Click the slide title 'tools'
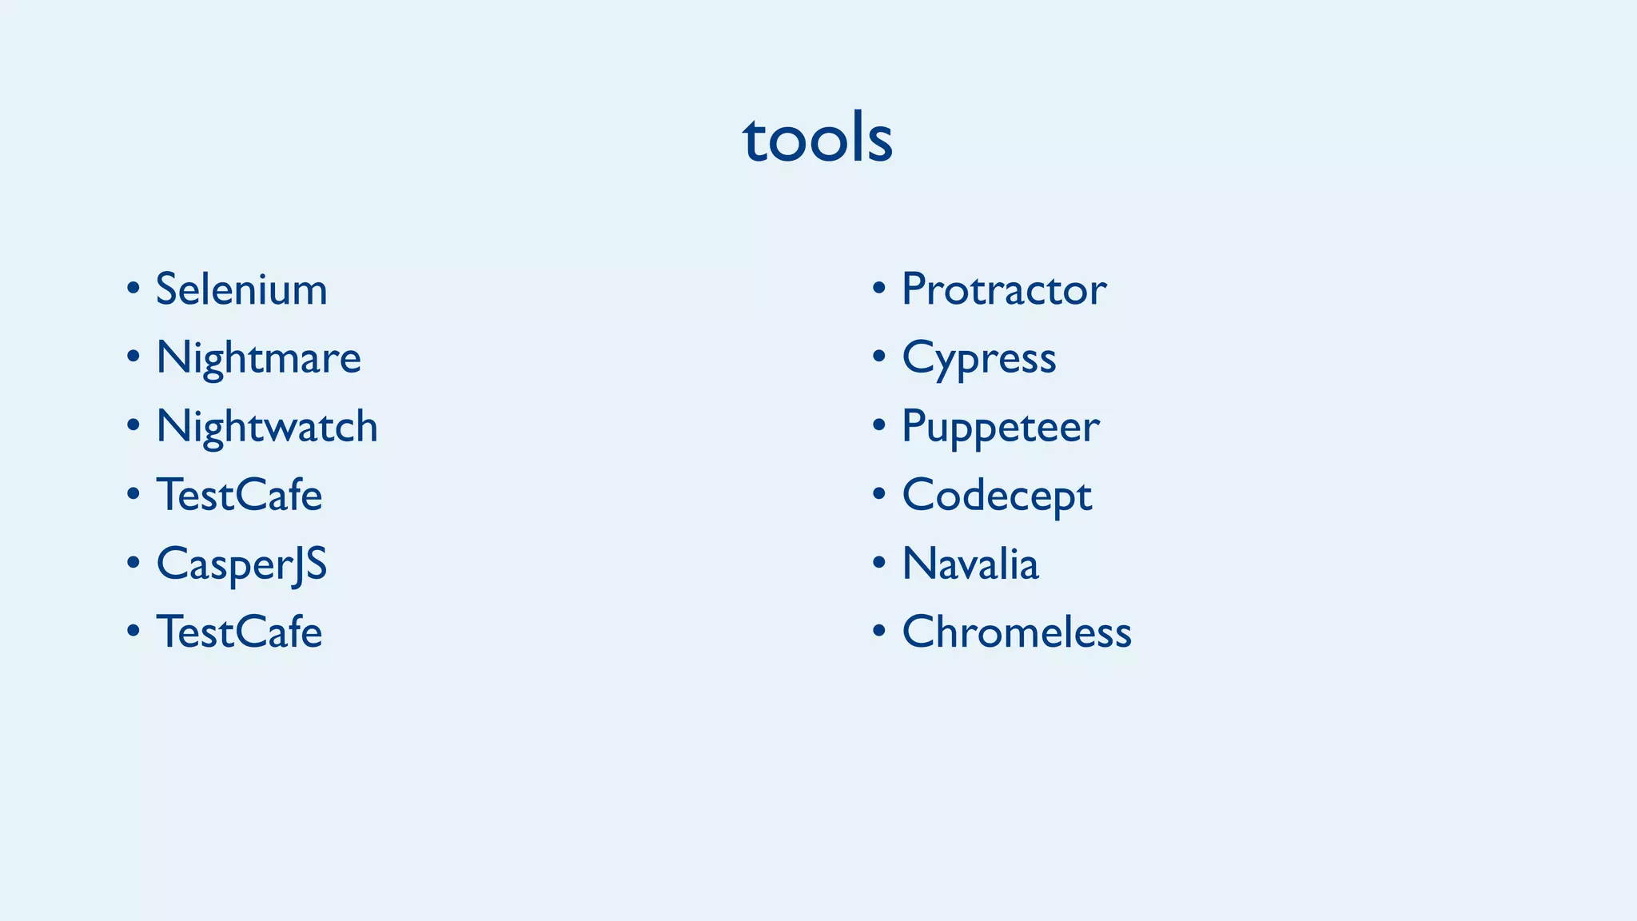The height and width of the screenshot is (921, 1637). click(818, 138)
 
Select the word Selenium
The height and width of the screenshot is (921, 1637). click(241, 289)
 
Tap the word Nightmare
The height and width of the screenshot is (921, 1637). click(258, 357)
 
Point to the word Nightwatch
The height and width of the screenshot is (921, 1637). click(267, 426)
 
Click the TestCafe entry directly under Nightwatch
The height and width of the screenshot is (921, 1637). click(239, 495)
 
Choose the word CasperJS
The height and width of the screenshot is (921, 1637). click(241, 564)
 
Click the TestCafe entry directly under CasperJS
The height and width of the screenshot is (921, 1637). click(239, 632)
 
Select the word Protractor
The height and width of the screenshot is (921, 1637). click(1004, 289)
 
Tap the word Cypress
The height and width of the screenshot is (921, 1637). click(979, 357)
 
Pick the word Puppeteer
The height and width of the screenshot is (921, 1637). click(1001, 426)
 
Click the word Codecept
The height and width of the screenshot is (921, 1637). click(997, 495)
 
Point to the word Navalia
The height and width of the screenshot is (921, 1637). click(970, 564)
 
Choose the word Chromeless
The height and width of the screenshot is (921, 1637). click(1017, 632)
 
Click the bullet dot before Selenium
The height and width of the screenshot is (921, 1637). click(133, 288)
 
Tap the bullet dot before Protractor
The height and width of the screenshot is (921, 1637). click(879, 288)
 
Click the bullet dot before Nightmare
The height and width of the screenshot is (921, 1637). click(133, 357)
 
